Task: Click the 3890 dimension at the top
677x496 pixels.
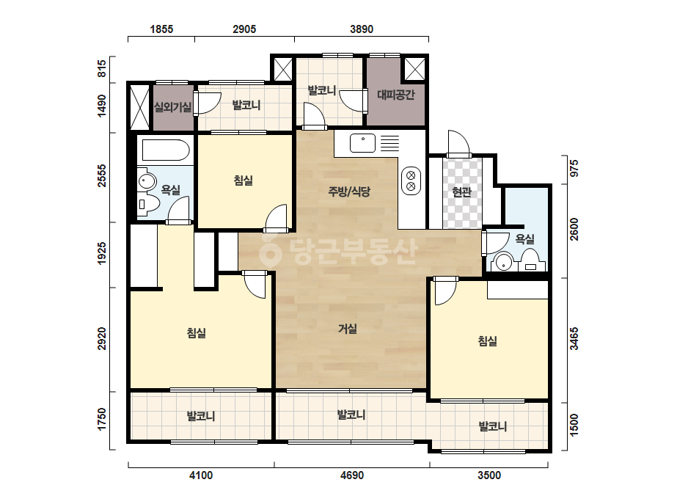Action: pos(362,29)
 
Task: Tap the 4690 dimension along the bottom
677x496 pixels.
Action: pos(352,475)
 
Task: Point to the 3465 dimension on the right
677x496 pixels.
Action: pos(574,339)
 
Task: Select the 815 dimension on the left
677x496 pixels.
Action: pos(101,69)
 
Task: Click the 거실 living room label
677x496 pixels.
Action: pos(348,329)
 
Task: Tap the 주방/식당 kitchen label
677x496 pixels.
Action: pos(349,192)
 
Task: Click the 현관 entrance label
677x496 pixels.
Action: pos(461,192)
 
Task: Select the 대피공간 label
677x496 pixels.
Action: pos(396,95)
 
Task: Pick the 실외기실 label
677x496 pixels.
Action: pos(172,106)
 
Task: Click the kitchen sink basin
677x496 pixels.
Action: pos(362,143)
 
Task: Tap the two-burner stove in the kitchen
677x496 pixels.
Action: pos(411,180)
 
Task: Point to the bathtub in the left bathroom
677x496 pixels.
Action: pos(166,150)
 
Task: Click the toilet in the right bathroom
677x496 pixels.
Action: pos(531,261)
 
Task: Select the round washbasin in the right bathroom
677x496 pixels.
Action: pos(503,262)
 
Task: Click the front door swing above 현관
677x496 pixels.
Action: pos(459,143)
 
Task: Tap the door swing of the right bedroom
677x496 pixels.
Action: pos(446,291)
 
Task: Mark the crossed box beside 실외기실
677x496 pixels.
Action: pos(139,107)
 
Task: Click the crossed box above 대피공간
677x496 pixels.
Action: pos(415,69)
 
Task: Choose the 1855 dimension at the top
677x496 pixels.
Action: pos(161,29)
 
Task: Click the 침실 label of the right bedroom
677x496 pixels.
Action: pos(488,341)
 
